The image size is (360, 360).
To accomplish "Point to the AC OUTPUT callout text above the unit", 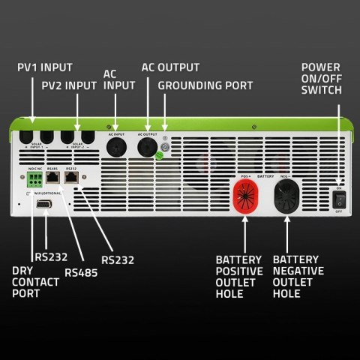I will [170, 67].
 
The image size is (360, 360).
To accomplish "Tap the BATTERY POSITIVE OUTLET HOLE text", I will [239, 275].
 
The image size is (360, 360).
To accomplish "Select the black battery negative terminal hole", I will [288, 198].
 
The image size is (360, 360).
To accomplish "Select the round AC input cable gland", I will [115, 145].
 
